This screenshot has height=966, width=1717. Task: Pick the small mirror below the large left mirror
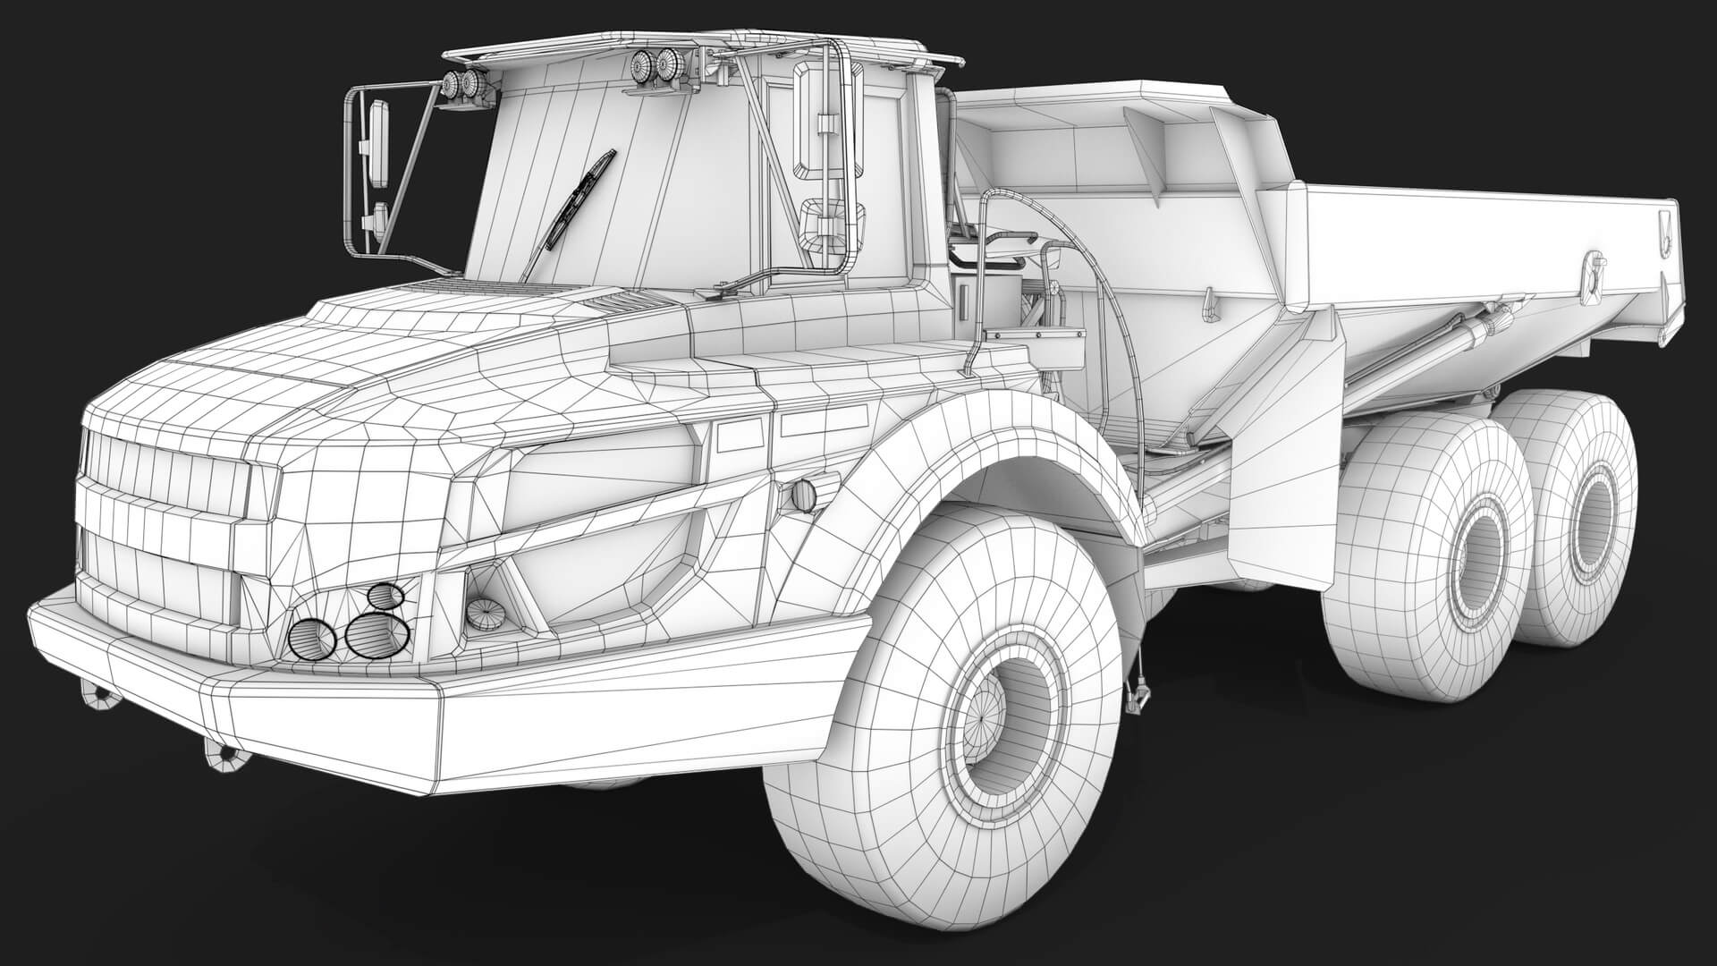pyautogui.click(x=379, y=220)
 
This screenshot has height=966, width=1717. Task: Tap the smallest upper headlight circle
pyautogui.click(x=384, y=595)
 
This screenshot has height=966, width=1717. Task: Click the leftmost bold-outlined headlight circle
pyautogui.click(x=311, y=638)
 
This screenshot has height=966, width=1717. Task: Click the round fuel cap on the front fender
pyautogui.click(x=804, y=495)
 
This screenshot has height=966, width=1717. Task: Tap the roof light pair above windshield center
pyautogui.click(x=654, y=64)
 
